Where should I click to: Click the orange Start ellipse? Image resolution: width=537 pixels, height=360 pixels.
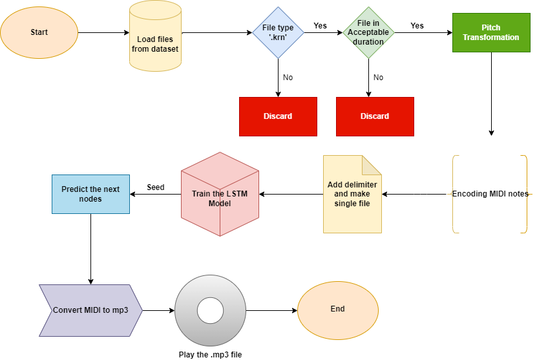[x=39, y=32]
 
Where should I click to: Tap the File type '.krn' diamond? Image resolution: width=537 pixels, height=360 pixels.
[x=278, y=32]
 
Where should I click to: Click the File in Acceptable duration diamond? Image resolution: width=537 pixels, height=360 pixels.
[x=368, y=32]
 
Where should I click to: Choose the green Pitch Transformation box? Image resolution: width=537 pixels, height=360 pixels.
[x=490, y=32]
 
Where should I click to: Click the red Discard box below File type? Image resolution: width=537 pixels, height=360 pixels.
[x=278, y=116]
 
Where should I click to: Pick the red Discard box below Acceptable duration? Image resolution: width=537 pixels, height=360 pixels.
[x=375, y=116]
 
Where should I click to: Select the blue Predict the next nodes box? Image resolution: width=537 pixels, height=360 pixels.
[x=90, y=194]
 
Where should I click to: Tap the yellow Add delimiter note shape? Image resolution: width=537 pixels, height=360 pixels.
[x=352, y=194]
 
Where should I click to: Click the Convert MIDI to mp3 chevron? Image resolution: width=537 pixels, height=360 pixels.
[x=90, y=310]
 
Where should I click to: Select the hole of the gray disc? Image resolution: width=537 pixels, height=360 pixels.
[x=210, y=310]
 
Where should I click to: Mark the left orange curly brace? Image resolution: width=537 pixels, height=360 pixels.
[x=453, y=194]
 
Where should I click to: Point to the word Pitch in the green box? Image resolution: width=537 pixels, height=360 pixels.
[x=490, y=28]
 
